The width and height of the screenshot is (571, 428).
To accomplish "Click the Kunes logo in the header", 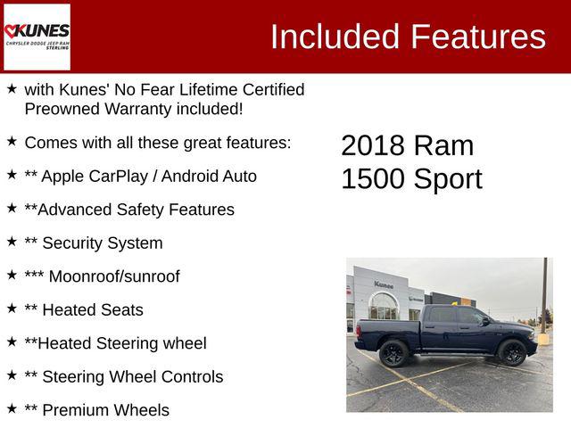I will [x=37, y=36].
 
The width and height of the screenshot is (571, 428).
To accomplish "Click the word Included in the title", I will [x=334, y=37].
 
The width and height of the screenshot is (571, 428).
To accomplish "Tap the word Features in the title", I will [x=477, y=37].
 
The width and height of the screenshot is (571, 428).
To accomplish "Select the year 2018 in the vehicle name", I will [x=374, y=145].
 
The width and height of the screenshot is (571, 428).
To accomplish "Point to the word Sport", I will [x=448, y=178].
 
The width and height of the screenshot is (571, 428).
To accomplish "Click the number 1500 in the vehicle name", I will [x=373, y=178].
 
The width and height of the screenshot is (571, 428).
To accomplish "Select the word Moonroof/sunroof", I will [x=114, y=276].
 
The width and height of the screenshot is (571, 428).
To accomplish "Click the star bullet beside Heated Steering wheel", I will [x=12, y=342].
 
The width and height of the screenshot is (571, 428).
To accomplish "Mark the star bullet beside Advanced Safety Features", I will [x=12, y=208].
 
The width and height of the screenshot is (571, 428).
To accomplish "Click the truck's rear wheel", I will [x=393, y=353].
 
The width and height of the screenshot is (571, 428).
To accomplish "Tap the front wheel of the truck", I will [x=512, y=352].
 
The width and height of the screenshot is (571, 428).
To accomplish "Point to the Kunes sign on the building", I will [x=384, y=284].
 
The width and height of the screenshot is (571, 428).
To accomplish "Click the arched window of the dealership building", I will [x=384, y=306].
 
